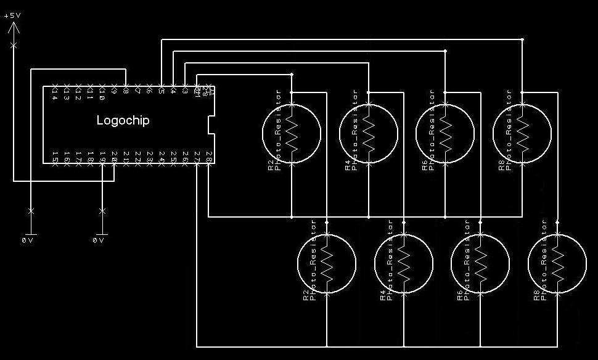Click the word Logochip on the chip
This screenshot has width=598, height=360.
pos(123,120)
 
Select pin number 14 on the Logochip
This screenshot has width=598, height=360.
pos(55,94)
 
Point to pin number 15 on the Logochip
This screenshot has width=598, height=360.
pos(55,155)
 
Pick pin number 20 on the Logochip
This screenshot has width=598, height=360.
pos(114,155)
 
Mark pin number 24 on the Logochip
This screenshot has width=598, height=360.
pos(162,155)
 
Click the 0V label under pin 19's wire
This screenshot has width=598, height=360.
pos(99,240)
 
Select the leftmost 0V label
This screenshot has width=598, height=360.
pos(28,240)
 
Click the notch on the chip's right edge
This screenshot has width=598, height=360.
pos(211,125)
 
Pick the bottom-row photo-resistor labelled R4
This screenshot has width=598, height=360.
pos(404,264)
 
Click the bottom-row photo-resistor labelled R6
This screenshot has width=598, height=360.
pos(480,264)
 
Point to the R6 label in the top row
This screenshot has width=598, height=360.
pos(425,166)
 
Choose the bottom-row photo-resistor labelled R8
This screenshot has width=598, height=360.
pos(558,264)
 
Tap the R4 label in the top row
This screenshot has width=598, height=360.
pos(348,166)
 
